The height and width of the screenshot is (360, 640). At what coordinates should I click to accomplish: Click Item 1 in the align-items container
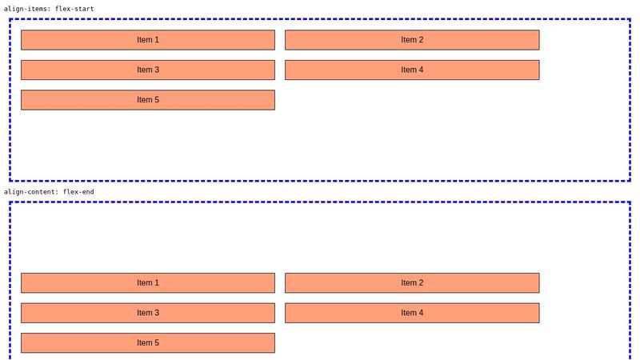(x=148, y=40)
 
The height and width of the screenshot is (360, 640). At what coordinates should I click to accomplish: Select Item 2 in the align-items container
(x=412, y=40)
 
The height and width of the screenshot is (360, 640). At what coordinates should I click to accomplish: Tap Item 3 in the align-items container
(x=148, y=70)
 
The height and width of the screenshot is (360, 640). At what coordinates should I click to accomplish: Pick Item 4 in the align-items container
(x=412, y=70)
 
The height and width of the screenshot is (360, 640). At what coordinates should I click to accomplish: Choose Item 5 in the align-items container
(x=148, y=100)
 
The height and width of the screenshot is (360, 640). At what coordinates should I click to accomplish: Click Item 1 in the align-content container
(x=148, y=283)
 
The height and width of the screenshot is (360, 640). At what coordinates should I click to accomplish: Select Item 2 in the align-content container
(x=412, y=283)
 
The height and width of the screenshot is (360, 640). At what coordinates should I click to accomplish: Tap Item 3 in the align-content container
(x=148, y=313)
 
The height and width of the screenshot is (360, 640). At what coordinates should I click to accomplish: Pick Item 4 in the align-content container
(x=412, y=313)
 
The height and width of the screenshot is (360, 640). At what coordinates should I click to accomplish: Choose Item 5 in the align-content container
(x=148, y=343)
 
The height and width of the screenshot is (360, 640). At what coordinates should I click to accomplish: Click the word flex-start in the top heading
(x=74, y=9)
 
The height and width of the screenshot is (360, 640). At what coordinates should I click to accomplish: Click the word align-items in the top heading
(x=26, y=9)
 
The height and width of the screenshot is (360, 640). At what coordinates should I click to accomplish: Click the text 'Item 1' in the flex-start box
(x=148, y=40)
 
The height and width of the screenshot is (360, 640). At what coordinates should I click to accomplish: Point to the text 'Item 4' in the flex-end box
(x=412, y=313)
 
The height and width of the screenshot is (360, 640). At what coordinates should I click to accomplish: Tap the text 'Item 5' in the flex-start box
(x=148, y=100)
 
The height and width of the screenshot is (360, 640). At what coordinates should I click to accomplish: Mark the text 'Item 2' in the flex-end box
(x=412, y=283)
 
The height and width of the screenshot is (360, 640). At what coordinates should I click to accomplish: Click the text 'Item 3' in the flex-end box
(x=148, y=313)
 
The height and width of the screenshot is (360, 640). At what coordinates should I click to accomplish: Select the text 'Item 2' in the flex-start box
(x=412, y=40)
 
